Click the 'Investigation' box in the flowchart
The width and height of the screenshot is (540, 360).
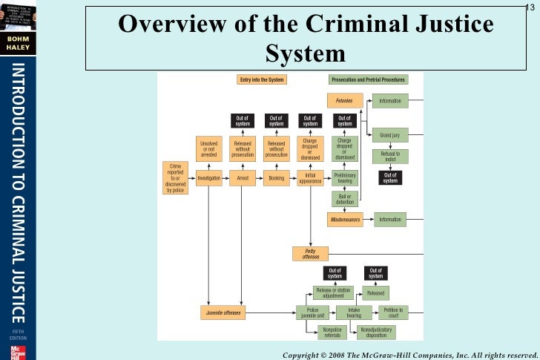pos(209,178)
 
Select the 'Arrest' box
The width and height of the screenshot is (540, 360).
pos(243,178)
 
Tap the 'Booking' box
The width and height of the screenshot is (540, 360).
pos(276,178)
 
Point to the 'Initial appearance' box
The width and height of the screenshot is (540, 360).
pos(310,178)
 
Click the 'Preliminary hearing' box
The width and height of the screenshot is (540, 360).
pos(344,178)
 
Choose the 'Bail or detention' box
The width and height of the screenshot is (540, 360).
pos(344,199)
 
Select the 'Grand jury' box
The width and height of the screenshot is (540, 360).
pos(390,136)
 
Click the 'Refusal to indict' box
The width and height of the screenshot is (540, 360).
pos(390,157)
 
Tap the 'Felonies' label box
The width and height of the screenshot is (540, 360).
pos(344,100)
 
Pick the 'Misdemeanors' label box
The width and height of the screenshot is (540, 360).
pos(344,220)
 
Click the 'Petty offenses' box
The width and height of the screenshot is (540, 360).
pos(310,254)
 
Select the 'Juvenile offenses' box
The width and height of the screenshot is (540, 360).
pos(223,312)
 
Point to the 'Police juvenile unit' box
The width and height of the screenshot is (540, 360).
pos(312,312)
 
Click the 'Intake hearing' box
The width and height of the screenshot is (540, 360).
pos(354,312)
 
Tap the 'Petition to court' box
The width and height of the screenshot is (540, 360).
pos(393,312)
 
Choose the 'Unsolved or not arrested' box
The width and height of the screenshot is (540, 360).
pos(209,147)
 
